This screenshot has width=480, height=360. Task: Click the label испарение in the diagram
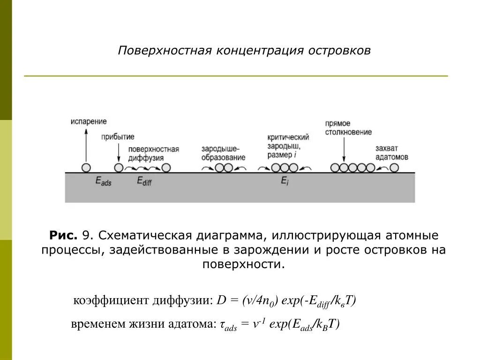(x=89, y=121)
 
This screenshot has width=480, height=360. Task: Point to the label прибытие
(x=118, y=137)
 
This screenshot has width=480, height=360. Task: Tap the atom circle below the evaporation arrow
(x=86, y=168)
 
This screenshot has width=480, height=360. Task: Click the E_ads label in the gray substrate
(x=103, y=181)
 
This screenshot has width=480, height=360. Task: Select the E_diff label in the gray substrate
(x=144, y=181)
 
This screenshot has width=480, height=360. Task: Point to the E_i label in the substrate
(x=285, y=181)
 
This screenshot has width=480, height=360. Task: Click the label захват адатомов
(x=391, y=153)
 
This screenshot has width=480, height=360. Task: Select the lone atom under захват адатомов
(x=394, y=168)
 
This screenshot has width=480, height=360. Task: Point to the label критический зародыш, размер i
(x=288, y=146)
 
